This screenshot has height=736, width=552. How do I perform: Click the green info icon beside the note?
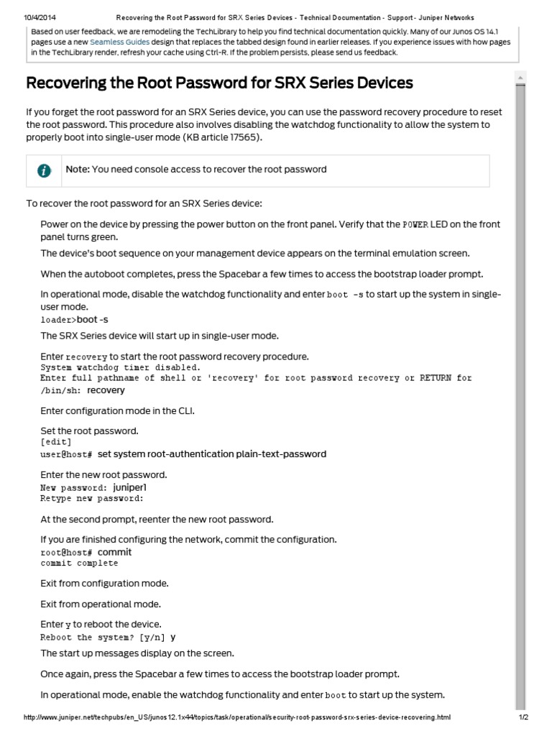pyautogui.click(x=45, y=170)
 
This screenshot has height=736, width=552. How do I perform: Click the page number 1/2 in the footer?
pyautogui.click(x=523, y=717)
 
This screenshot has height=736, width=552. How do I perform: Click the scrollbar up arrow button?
pyautogui.click(x=521, y=77)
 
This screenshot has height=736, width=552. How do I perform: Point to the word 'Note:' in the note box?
pyautogui.click(x=78, y=170)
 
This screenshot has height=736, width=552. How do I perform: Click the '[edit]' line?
pyautogui.click(x=55, y=442)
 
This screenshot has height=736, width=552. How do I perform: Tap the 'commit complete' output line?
pyautogui.click(x=79, y=563)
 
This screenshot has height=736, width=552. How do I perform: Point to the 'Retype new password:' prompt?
pyautogui.click(x=92, y=498)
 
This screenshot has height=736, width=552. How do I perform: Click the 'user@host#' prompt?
pyautogui.click(x=67, y=454)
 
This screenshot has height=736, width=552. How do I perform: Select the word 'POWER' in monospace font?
pyautogui.click(x=415, y=225)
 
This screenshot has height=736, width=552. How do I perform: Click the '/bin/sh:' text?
pyautogui.click(x=61, y=390)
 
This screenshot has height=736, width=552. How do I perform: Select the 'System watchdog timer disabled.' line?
pyautogui.click(x=121, y=367)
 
